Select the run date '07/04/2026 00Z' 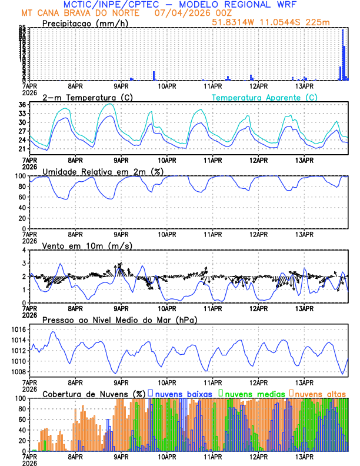click(191, 13)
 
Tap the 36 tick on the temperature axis click(22, 105)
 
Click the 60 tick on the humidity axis click(22, 197)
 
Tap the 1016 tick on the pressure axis click(18, 330)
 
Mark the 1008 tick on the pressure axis click(18, 372)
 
